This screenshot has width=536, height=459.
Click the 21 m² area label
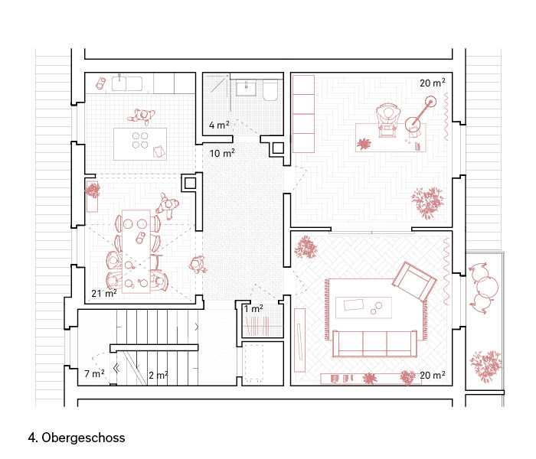pyautogui.click(x=104, y=293)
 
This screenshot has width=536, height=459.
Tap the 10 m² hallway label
pyautogui.click(x=222, y=153)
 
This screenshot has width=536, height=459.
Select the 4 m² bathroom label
pyautogui.click(x=219, y=125)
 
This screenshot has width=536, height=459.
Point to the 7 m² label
pyautogui.click(x=94, y=373)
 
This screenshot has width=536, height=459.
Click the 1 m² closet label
pyautogui.click(x=253, y=309)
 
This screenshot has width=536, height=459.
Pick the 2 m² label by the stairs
pyautogui.click(x=159, y=376)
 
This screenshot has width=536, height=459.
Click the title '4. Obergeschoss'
pyautogui.click(x=77, y=438)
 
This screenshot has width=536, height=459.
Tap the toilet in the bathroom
pyautogui.click(x=270, y=90)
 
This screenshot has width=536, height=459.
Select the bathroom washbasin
pyautogui.click(x=246, y=88)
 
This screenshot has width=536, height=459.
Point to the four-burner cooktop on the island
pyautogui.click(x=140, y=140)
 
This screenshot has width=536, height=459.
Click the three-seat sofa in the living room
pyautogui.click(x=374, y=343)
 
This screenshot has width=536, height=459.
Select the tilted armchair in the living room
pyautogui.click(x=414, y=281)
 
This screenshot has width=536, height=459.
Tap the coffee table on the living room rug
pyautogui.click(x=364, y=308)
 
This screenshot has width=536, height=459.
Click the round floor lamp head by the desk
pyautogui.click(x=430, y=101)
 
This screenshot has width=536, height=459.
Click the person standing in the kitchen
pyautogui.click(x=142, y=116)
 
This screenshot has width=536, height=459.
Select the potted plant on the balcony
pyautogui.click(x=485, y=366)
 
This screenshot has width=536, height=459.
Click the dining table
pyautogui.click(x=136, y=252)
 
